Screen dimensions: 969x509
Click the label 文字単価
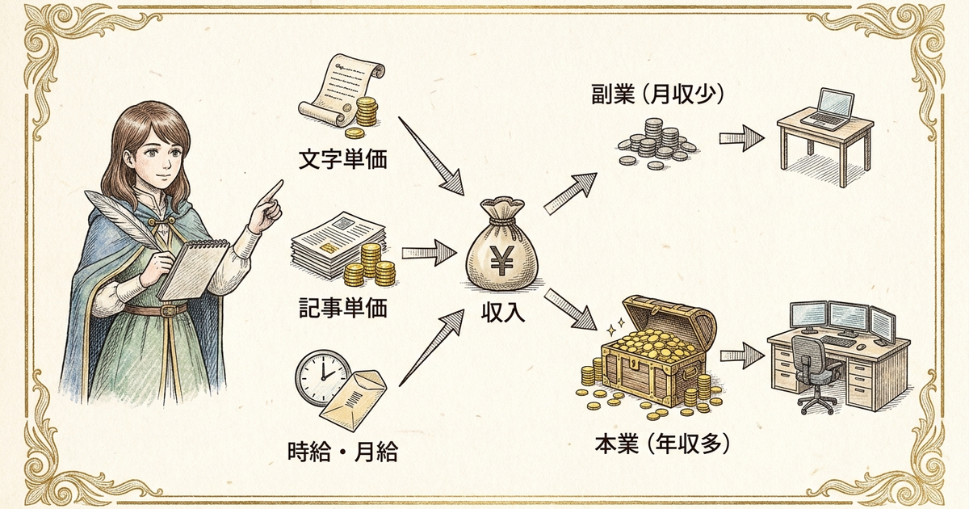342,159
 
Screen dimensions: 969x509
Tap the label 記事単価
342,308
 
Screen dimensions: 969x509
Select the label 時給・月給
342,452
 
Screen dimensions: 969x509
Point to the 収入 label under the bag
502,313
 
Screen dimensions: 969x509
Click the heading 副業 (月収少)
657,94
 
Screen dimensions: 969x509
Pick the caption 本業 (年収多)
662,444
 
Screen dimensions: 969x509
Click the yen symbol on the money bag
501,260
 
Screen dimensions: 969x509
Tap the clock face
323,376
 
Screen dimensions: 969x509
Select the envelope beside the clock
354,401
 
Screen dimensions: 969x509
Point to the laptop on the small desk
827,110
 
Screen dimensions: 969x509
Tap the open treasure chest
657,351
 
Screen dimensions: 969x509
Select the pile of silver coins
656,144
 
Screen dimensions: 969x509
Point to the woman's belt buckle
167,310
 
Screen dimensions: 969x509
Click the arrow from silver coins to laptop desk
741,138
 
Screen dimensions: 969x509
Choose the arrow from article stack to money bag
429,253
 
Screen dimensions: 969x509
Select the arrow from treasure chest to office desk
742,355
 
